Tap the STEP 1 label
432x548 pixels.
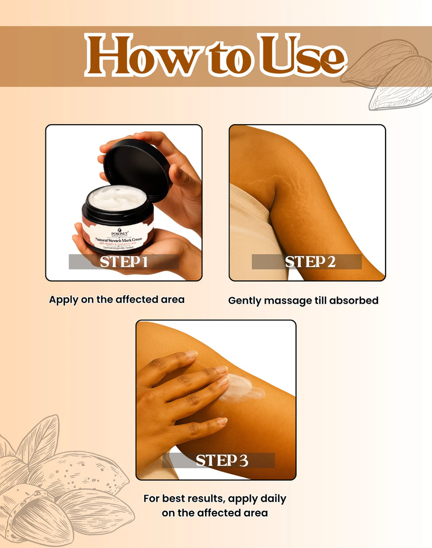point(124,262)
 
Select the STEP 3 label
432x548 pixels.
point(221,461)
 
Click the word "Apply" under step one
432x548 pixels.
point(64,300)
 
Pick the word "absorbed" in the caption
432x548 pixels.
point(353,300)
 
